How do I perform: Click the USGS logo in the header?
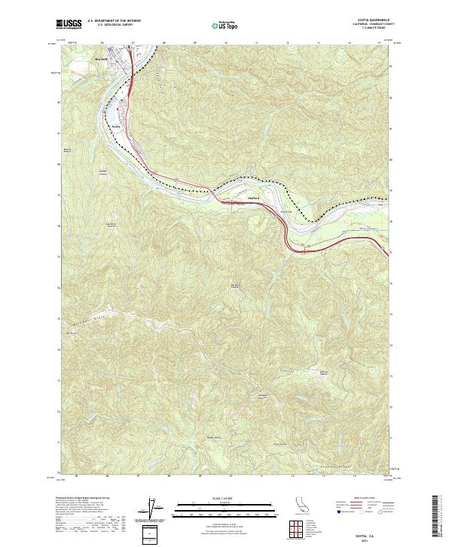[69, 24]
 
